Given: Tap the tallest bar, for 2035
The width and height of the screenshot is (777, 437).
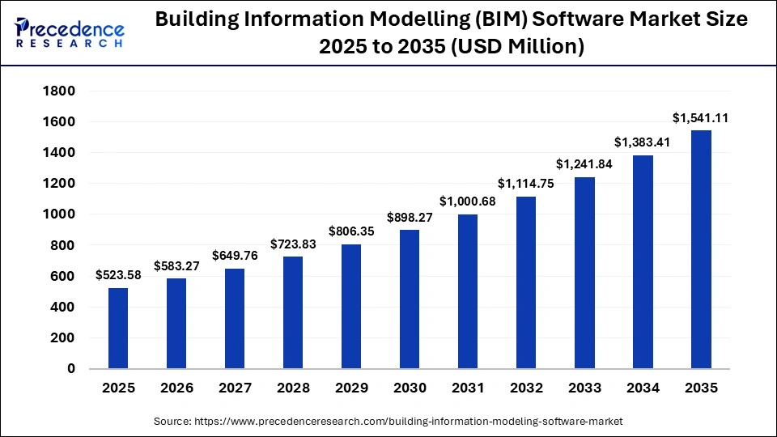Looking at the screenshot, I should click(701, 249).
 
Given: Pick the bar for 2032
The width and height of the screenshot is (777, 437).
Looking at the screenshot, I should click(525, 282).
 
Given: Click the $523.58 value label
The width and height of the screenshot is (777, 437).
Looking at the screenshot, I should click(117, 275).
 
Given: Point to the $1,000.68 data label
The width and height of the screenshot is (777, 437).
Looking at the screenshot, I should click(467, 202).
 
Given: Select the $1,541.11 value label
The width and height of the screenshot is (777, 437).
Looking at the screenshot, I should click(701, 118).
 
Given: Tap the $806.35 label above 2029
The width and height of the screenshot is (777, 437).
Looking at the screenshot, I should click(350, 231).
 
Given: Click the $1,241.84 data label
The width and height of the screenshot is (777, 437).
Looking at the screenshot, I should click(584, 164).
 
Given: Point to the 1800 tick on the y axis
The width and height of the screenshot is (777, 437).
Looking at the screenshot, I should click(59, 91).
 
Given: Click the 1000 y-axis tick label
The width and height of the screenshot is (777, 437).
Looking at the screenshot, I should click(59, 214).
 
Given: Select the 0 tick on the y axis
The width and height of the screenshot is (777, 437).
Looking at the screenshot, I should click(70, 369).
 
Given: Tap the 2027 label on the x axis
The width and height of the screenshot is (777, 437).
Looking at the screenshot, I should click(234, 388).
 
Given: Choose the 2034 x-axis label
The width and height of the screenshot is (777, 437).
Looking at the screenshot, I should click(643, 388).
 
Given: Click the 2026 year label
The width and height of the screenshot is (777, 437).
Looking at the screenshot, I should click(176, 388).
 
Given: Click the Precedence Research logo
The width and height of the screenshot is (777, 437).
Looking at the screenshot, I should click(70, 32).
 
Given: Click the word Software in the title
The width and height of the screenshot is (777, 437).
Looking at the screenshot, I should click(530, 20).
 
